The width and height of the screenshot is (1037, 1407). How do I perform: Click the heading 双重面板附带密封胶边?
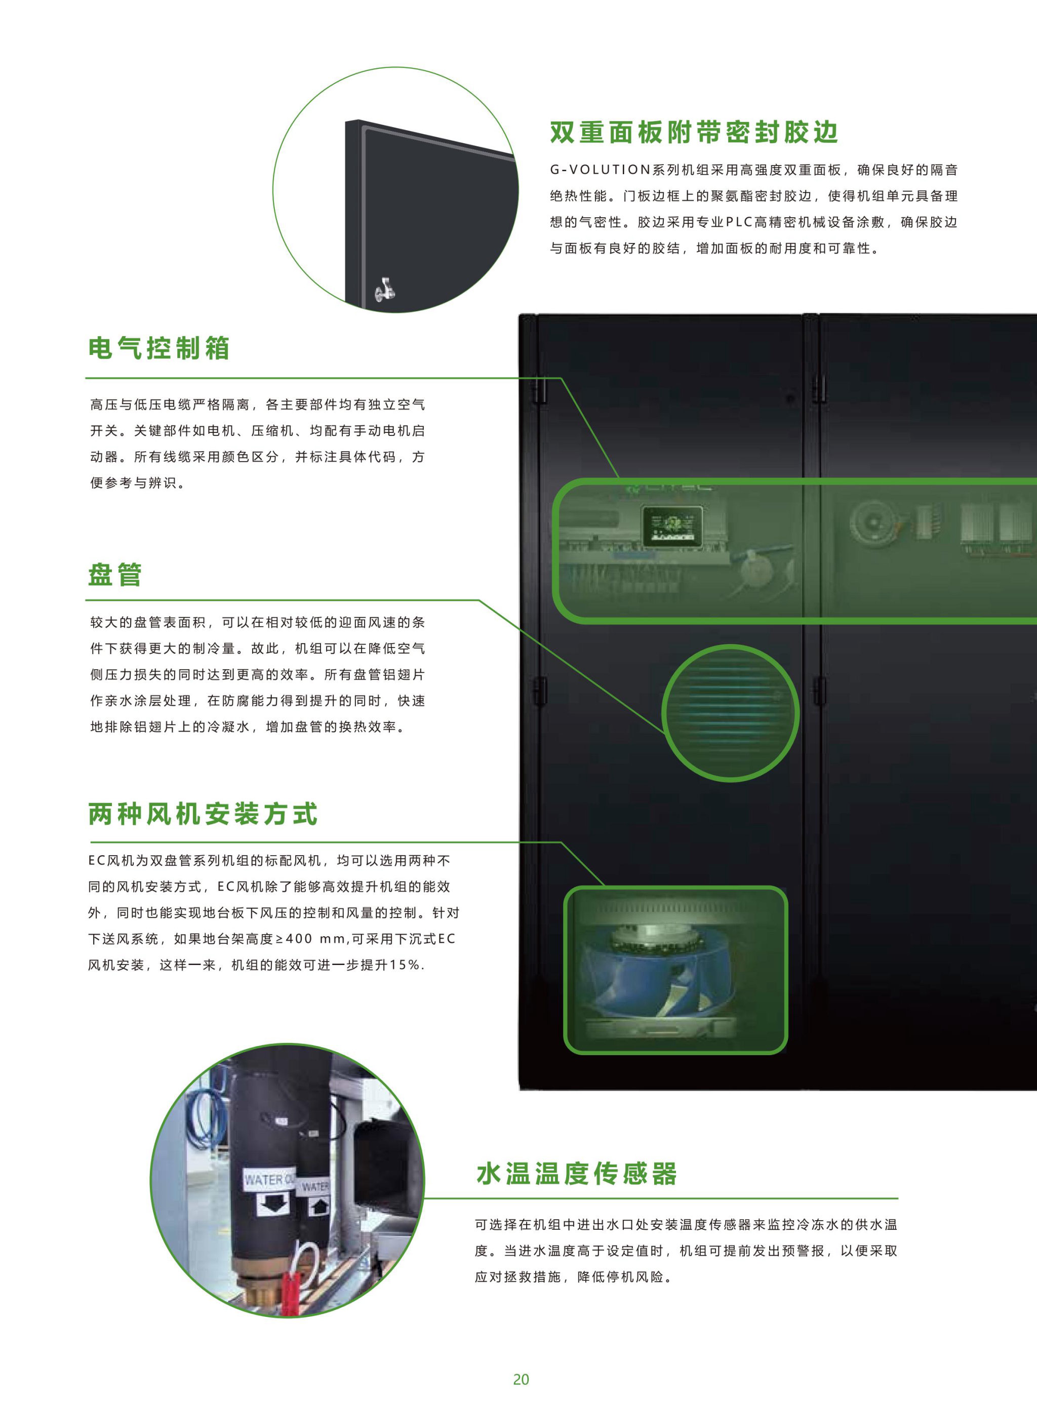(x=694, y=133)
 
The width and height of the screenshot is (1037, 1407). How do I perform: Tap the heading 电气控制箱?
(x=159, y=348)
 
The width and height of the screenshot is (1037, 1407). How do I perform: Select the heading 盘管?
(x=115, y=574)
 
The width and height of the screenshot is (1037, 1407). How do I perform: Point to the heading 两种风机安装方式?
(x=203, y=814)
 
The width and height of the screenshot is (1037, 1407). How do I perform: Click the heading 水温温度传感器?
(x=576, y=1173)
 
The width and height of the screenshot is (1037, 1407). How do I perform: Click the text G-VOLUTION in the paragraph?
(x=600, y=170)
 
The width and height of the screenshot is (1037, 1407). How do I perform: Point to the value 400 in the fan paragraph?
(x=299, y=938)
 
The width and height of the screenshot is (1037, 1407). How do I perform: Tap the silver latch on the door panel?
(x=384, y=289)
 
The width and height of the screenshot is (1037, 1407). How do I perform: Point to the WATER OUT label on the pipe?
(x=269, y=1180)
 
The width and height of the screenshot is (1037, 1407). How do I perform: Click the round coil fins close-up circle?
(x=730, y=713)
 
